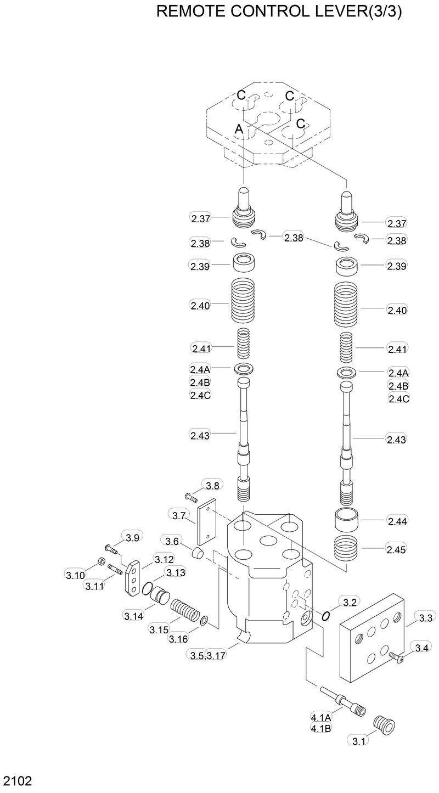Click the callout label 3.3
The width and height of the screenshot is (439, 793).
tap(425, 618)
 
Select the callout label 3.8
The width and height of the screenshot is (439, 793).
tap(212, 485)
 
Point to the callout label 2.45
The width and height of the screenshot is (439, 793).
tap(397, 549)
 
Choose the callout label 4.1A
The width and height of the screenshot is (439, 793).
tap(321, 717)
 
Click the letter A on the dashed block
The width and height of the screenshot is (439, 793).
tap(239, 129)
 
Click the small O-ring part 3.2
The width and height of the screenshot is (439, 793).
tap(325, 616)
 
